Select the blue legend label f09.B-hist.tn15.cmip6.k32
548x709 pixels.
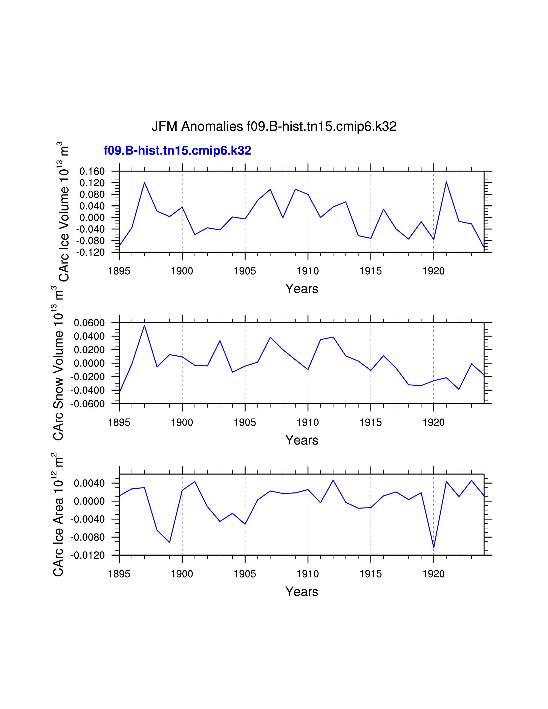tap(177, 151)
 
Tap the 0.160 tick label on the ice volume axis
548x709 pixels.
tap(92, 171)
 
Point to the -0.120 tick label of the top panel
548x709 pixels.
tap(90, 252)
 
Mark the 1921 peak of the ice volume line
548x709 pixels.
tap(446, 182)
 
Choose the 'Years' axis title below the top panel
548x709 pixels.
tap(302, 289)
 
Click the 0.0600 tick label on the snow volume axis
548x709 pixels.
tap(89, 323)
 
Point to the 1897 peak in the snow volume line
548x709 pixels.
tap(144, 325)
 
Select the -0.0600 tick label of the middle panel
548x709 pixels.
tap(88, 404)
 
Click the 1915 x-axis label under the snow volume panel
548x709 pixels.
tap(371, 422)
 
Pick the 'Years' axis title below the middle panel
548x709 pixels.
tap(302, 440)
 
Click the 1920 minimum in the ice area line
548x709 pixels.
tap(434, 548)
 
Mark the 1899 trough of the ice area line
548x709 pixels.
tap(170, 542)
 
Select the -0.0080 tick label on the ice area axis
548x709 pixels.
tap(88, 537)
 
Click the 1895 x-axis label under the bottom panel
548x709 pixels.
tap(119, 574)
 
